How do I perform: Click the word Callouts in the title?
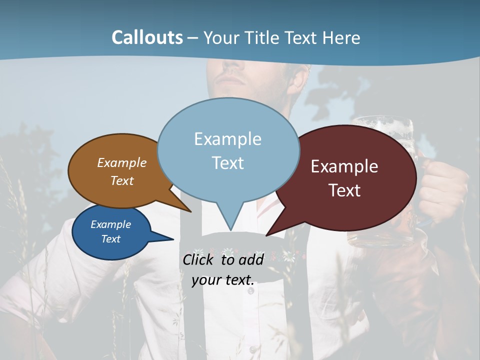[147, 37]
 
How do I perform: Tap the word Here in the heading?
[341, 37]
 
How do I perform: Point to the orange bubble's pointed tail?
[183, 205]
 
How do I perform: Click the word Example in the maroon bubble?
[344, 166]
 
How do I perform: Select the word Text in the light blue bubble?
[228, 163]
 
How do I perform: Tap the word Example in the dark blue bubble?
[111, 224]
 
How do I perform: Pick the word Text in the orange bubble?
[122, 180]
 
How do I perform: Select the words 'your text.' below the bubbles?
[223, 280]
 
